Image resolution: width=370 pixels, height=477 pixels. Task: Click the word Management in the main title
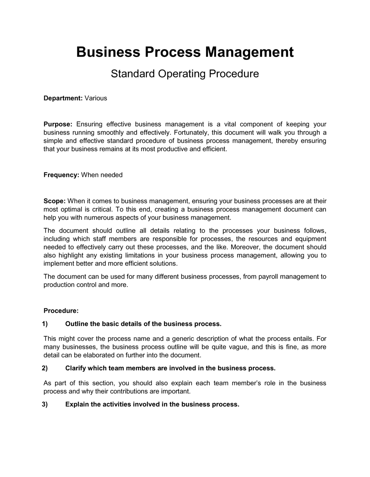(x=249, y=52)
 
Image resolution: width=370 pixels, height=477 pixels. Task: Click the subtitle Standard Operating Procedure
(x=185, y=74)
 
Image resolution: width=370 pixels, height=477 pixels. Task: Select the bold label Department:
(x=63, y=98)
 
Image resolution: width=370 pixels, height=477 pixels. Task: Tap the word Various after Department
(x=96, y=98)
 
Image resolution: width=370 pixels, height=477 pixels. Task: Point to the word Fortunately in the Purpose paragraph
(x=191, y=132)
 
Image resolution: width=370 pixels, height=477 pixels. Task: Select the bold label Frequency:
(x=61, y=175)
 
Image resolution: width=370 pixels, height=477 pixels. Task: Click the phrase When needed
(x=102, y=175)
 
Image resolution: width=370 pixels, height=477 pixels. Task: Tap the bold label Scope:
(x=54, y=201)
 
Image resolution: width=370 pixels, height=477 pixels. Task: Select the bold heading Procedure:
(x=61, y=311)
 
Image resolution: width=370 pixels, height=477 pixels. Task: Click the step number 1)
(x=45, y=324)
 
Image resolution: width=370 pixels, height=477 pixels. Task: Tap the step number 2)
(x=45, y=368)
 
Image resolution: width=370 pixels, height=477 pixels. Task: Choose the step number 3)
(x=45, y=404)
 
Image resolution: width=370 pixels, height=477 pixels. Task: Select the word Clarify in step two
(x=76, y=368)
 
